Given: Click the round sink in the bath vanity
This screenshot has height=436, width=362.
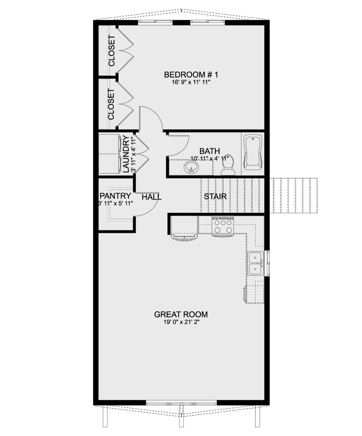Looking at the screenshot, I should [x=191, y=167].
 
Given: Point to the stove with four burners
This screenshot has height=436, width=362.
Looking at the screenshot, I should [x=223, y=226].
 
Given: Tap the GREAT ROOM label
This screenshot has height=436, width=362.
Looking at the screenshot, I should [x=181, y=314].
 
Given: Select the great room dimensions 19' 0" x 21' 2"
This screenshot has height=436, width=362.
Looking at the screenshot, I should [x=181, y=322].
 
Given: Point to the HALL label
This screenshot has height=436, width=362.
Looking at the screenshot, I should [x=151, y=197].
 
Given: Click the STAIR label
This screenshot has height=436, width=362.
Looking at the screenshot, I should [x=215, y=197].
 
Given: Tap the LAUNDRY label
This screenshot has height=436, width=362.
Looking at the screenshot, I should [x=126, y=154].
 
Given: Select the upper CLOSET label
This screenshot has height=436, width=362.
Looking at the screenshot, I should [x=112, y=51].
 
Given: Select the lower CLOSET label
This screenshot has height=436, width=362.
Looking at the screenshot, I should [x=111, y=104].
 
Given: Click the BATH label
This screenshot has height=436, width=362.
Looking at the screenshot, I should [x=209, y=151].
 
